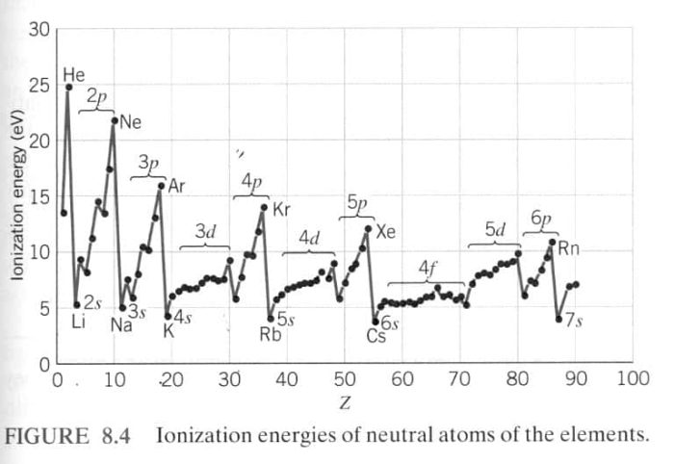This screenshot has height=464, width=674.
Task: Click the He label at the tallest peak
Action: tap(73, 74)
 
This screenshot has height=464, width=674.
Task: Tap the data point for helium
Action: tap(69, 87)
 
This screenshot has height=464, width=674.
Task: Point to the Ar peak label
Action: tap(176, 186)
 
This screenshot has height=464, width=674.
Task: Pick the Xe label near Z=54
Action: tap(385, 231)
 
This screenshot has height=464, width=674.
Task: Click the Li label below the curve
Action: tap(79, 322)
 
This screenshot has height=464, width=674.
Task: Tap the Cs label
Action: tap(376, 336)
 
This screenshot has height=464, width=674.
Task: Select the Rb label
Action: tap(270, 335)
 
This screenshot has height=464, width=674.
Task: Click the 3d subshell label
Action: tap(205, 232)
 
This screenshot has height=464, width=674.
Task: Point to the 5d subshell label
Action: tap(494, 230)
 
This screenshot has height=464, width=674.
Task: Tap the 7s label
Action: tap(574, 321)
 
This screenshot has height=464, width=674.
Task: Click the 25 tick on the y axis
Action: tap(39, 86)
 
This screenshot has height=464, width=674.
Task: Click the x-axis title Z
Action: tap(344, 399)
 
